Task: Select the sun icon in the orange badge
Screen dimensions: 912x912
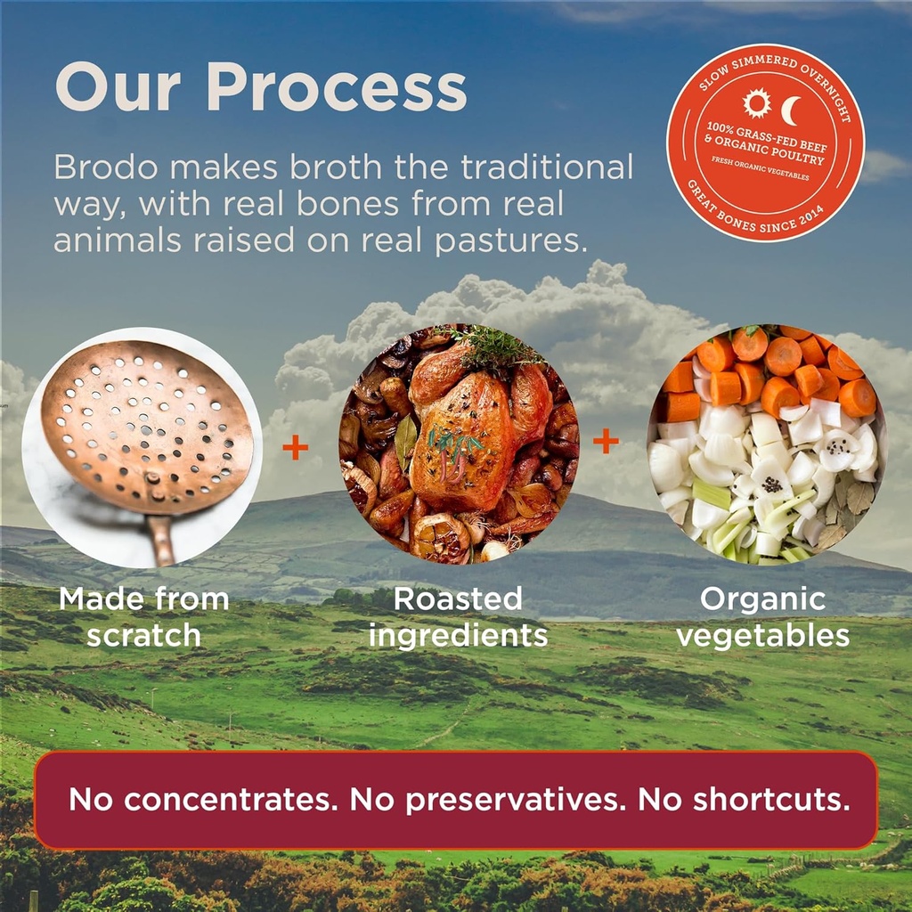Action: pos(756,103)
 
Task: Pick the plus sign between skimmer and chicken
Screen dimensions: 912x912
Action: pos(295,447)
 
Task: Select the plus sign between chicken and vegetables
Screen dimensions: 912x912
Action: pos(606,440)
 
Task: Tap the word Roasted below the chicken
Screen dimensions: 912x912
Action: pos(458,599)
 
